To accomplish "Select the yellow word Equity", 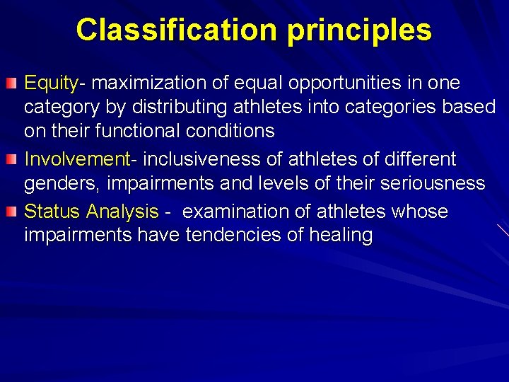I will pos(52,84).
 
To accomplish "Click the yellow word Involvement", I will pos(76,159).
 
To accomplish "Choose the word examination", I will pos(238,212).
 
